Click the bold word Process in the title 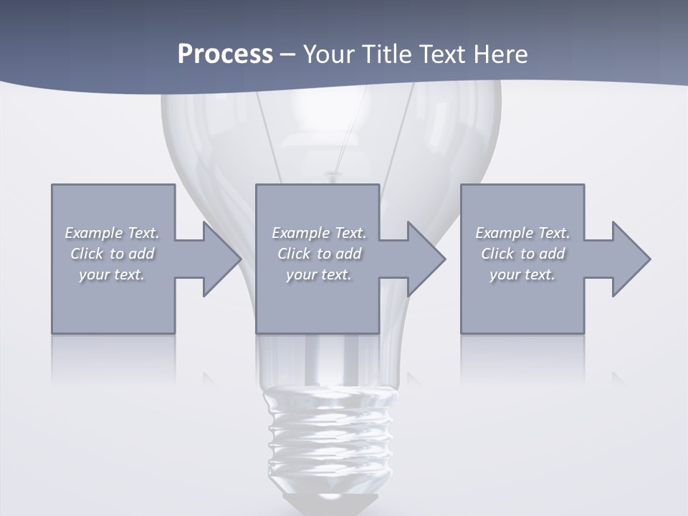[225, 54]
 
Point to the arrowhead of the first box [221, 259]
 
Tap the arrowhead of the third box [631, 259]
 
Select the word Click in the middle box [294, 254]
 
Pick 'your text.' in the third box [522, 274]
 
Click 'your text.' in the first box [112, 274]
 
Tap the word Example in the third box [504, 233]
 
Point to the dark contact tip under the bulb [330, 502]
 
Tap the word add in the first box [141, 254]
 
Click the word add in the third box [552, 254]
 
